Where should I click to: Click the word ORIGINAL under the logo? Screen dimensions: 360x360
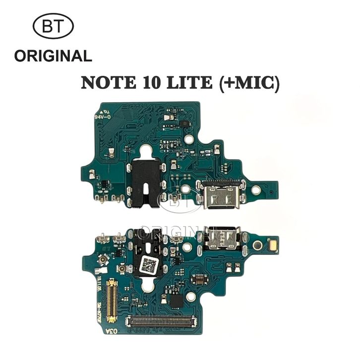click(53, 56)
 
